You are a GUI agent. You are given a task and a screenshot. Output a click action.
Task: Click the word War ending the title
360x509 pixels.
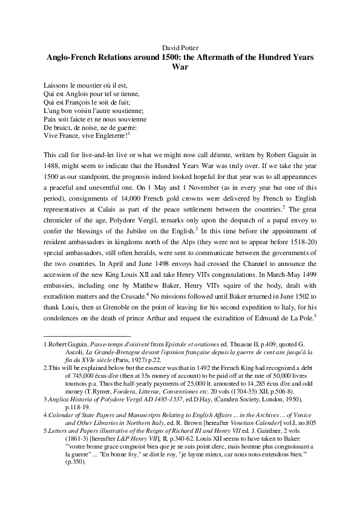(x=180, y=68)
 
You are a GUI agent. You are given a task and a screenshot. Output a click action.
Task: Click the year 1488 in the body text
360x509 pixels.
(x=53, y=167)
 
